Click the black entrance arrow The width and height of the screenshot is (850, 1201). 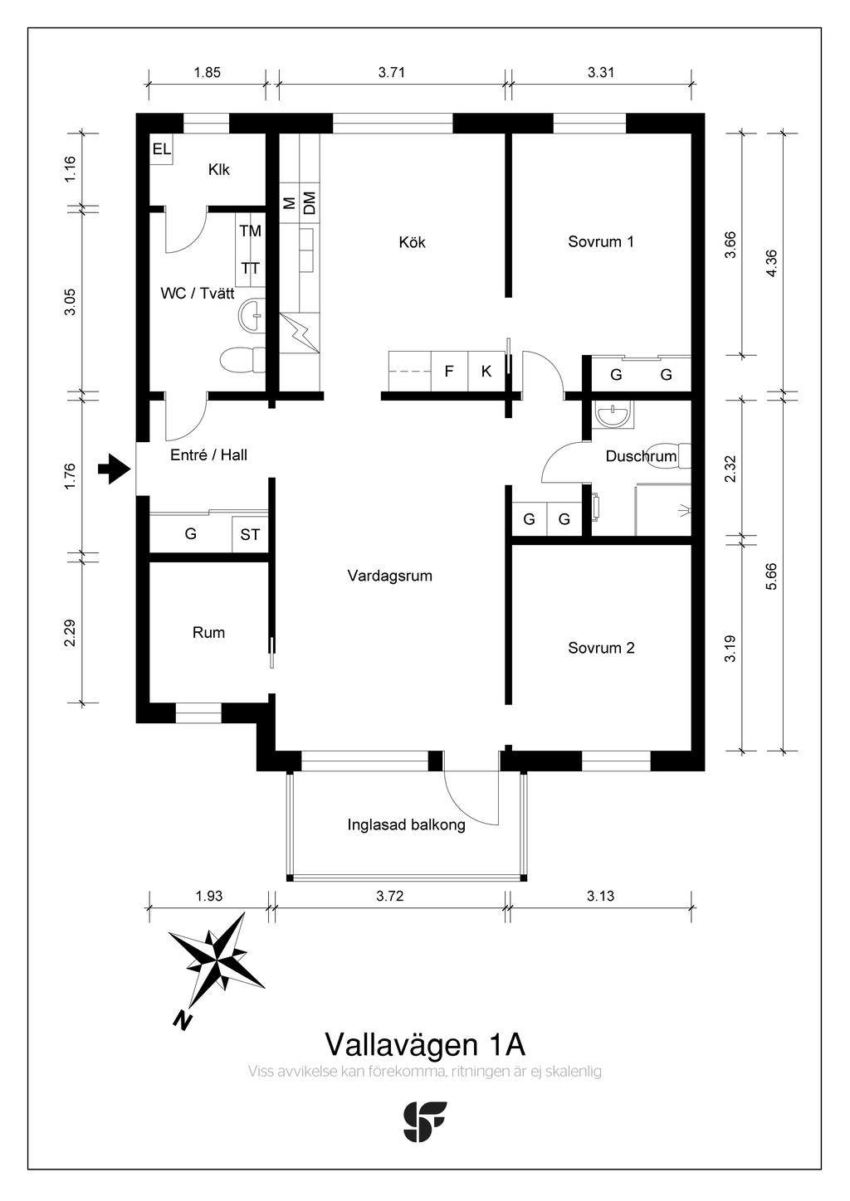tap(115, 469)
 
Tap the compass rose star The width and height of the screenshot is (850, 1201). tap(216, 960)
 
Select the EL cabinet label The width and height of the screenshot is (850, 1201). tap(162, 149)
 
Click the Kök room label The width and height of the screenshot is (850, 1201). tap(412, 242)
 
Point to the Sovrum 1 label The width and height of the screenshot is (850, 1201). tap(601, 242)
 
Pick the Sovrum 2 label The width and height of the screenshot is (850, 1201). tap(601, 648)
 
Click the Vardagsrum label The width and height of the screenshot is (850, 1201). tap(389, 576)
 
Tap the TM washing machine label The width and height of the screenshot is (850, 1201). tap(250, 231)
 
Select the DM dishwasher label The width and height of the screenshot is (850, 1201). tap(310, 203)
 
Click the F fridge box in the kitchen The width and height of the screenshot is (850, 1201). tap(450, 371)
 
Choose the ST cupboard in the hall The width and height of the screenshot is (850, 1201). tap(250, 534)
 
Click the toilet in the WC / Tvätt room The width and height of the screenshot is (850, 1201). tap(242, 360)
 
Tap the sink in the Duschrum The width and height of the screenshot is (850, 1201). tap(614, 415)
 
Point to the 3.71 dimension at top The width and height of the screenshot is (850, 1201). tap(391, 72)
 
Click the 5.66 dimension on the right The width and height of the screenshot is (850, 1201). tap(772, 577)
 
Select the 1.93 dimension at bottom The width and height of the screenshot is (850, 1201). tap(208, 896)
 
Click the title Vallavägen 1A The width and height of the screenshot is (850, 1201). tap(425, 1044)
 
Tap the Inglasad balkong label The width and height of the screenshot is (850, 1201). tap(406, 824)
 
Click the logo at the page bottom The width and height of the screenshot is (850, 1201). tap(424, 1121)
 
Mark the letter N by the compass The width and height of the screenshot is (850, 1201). tap(183, 1020)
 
